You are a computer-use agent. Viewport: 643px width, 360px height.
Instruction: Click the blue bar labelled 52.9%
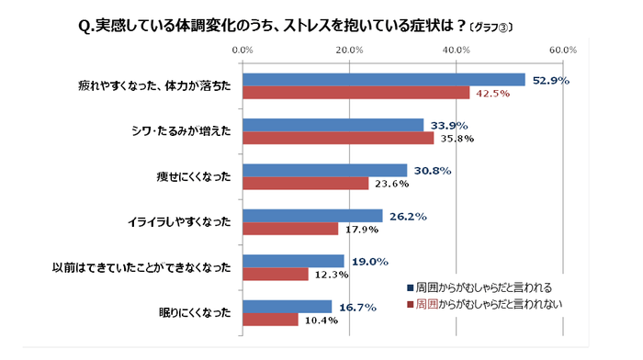383,80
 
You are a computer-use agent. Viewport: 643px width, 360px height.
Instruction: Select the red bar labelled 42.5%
355,93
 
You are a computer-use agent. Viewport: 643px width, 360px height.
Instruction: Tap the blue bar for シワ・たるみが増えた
333,125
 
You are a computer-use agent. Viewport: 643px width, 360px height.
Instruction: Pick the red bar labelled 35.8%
338,138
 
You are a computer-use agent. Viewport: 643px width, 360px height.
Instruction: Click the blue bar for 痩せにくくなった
324,170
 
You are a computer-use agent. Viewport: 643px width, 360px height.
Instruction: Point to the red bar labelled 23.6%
305,183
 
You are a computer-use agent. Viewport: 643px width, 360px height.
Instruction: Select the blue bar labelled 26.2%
312,216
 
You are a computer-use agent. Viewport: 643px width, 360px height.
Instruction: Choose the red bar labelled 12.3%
275,274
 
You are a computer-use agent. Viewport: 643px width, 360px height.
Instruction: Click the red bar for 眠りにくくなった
270,319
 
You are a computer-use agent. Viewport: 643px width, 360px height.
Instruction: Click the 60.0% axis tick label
562,50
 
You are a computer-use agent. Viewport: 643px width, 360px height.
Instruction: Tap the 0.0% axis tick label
243,50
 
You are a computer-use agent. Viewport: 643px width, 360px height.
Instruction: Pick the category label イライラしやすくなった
179,223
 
